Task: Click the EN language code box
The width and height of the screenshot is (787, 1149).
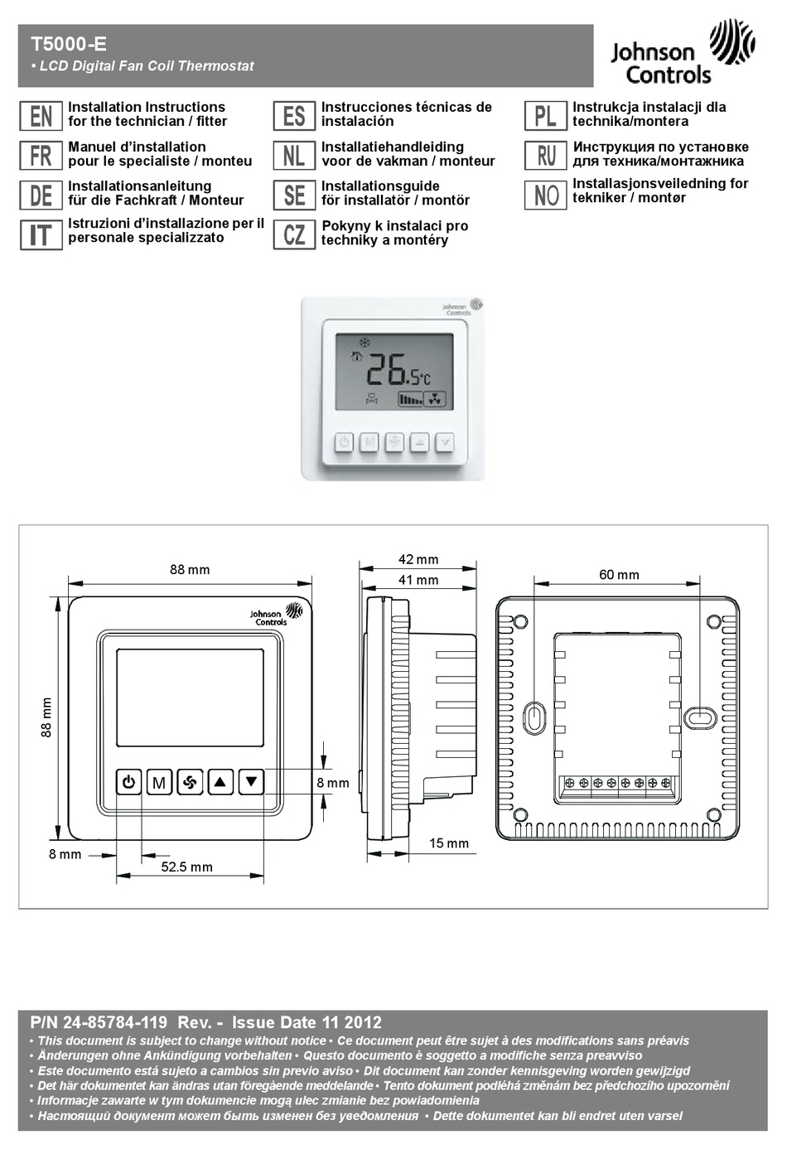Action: (41, 116)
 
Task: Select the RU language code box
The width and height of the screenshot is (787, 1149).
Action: (545, 155)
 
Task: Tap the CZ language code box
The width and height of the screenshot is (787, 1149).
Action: (294, 234)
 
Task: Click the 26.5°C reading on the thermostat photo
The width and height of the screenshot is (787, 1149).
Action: (398, 369)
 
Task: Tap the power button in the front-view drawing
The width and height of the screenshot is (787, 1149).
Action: (128, 781)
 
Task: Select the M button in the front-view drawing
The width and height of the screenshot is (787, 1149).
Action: (159, 782)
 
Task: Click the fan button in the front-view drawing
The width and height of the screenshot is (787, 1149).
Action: (190, 781)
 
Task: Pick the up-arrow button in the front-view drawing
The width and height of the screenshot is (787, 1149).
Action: (220, 781)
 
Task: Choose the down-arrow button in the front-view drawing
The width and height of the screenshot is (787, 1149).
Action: (251, 781)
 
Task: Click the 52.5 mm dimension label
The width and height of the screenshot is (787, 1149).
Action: (186, 867)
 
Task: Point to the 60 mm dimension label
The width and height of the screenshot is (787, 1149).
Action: (619, 575)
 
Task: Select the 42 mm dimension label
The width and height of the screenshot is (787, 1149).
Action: (418, 560)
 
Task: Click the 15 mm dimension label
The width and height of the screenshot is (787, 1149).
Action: (448, 843)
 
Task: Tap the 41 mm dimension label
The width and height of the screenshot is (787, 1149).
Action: (418, 581)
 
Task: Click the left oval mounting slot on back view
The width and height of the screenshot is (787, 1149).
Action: (535, 717)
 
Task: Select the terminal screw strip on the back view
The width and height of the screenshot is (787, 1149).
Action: (617, 783)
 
